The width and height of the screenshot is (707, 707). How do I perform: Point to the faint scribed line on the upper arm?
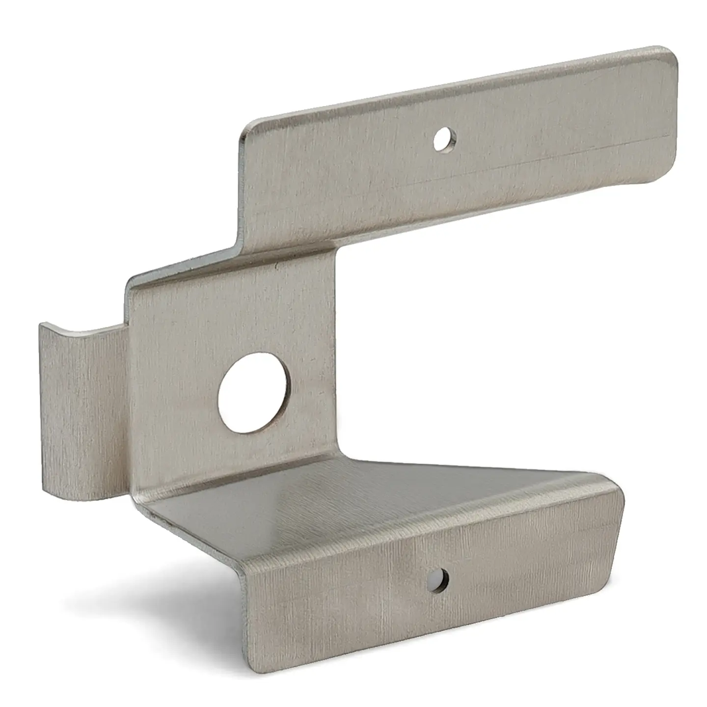[x=491, y=172]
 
